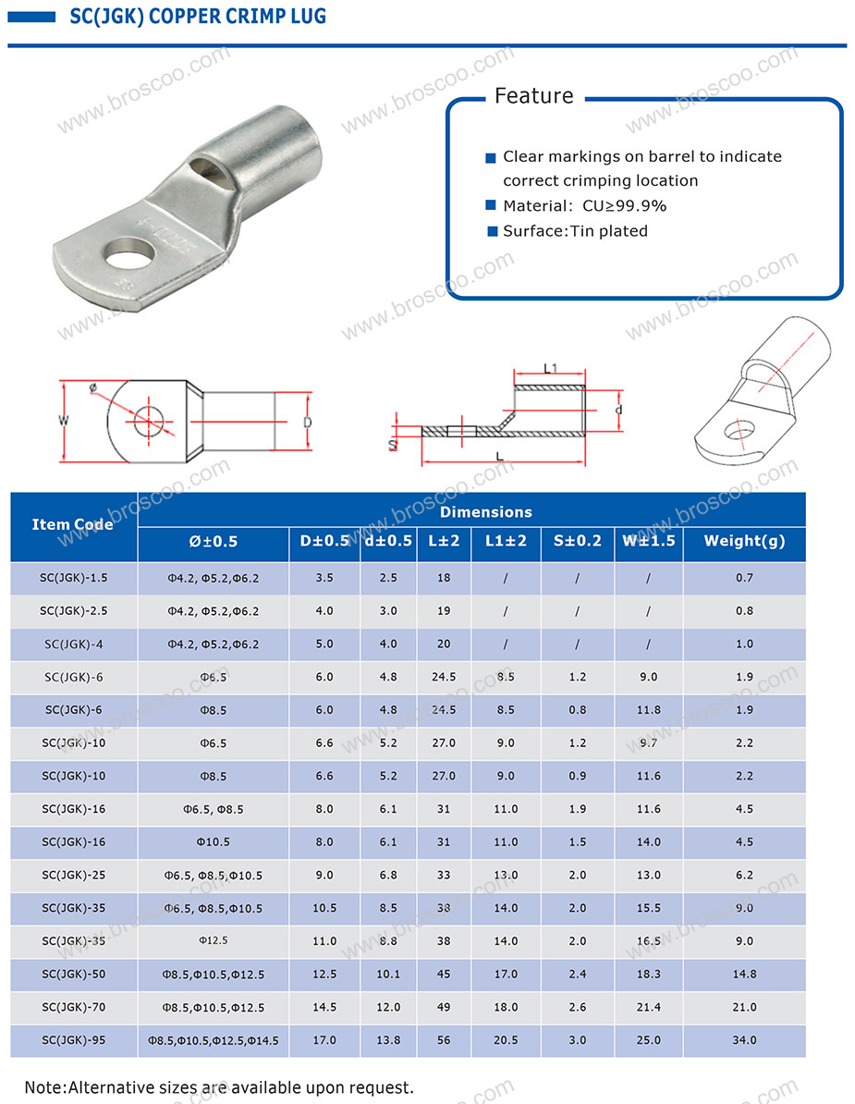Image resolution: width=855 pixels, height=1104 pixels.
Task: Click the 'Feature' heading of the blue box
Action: click(x=534, y=96)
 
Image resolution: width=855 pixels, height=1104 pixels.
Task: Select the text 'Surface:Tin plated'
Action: click(x=575, y=231)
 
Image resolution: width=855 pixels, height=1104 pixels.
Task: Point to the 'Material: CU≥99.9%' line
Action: click(x=584, y=205)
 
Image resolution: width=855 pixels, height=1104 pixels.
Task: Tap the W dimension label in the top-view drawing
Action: click(x=64, y=421)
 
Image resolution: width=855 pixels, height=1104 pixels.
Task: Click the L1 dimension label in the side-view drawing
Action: click(x=550, y=368)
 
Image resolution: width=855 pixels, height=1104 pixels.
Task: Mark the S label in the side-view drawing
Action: click(x=393, y=445)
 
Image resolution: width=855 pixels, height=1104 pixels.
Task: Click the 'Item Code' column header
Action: click(x=72, y=524)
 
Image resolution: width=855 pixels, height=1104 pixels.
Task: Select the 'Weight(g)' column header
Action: click(x=744, y=541)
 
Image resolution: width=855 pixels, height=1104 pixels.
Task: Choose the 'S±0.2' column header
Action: click(x=577, y=541)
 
